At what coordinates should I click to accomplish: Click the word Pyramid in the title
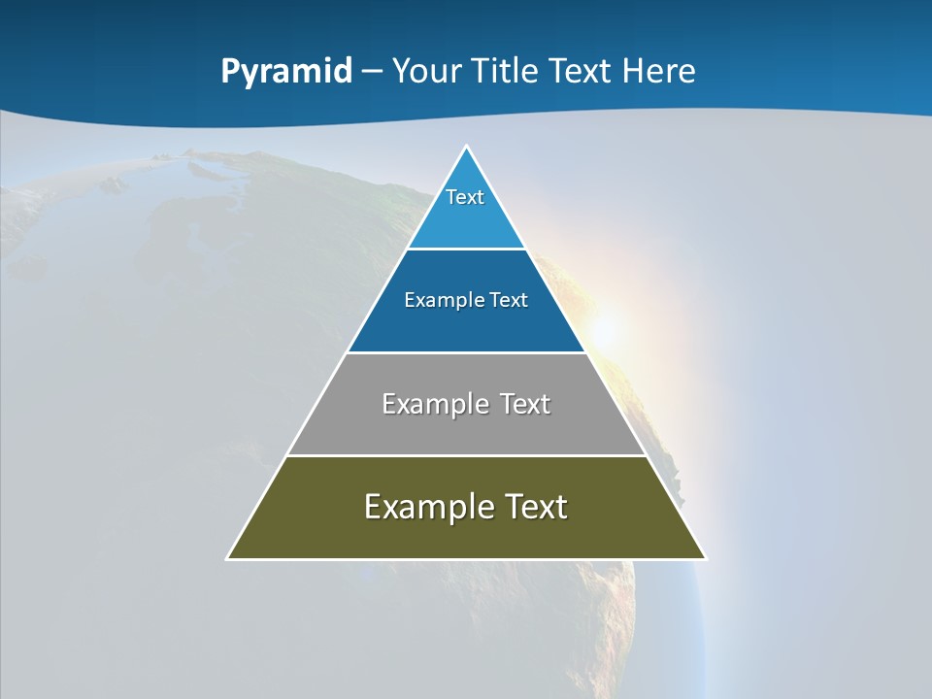click(286, 72)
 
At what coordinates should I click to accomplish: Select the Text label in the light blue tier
click(465, 197)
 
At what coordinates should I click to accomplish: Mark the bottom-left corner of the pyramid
click(228, 558)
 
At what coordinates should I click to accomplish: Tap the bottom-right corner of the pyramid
click(705, 558)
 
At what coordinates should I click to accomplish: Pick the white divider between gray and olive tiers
click(466, 455)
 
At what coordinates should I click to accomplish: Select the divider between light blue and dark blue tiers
click(466, 249)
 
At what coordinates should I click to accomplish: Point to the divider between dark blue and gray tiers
click(466, 352)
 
